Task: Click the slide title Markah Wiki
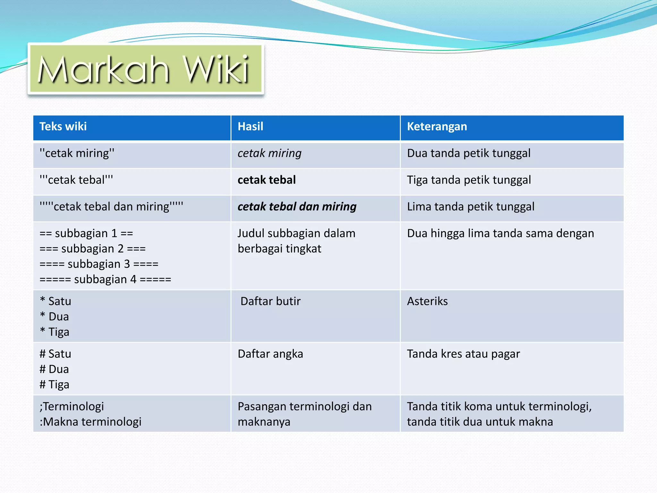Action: pos(143,69)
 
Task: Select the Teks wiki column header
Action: pos(63,126)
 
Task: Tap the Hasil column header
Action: pos(250,126)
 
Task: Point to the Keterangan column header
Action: pos(437,126)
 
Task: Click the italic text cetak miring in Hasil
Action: pos(269,153)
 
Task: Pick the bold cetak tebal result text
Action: pos(267,180)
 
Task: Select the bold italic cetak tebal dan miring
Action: pos(297,207)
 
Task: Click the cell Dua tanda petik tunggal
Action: pos(468,153)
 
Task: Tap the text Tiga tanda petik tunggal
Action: pos(469,180)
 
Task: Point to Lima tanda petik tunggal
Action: pos(470,207)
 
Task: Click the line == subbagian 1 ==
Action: pos(86,233)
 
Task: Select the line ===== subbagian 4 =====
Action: pos(105,280)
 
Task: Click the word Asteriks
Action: pos(427,301)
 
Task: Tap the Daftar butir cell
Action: pos(270,301)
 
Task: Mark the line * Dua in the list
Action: pos(55,317)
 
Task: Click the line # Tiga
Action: pos(55,385)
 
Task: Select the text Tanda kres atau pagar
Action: pos(463,354)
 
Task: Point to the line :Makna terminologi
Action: pos(90,422)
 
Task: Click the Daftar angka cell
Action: pos(270,354)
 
